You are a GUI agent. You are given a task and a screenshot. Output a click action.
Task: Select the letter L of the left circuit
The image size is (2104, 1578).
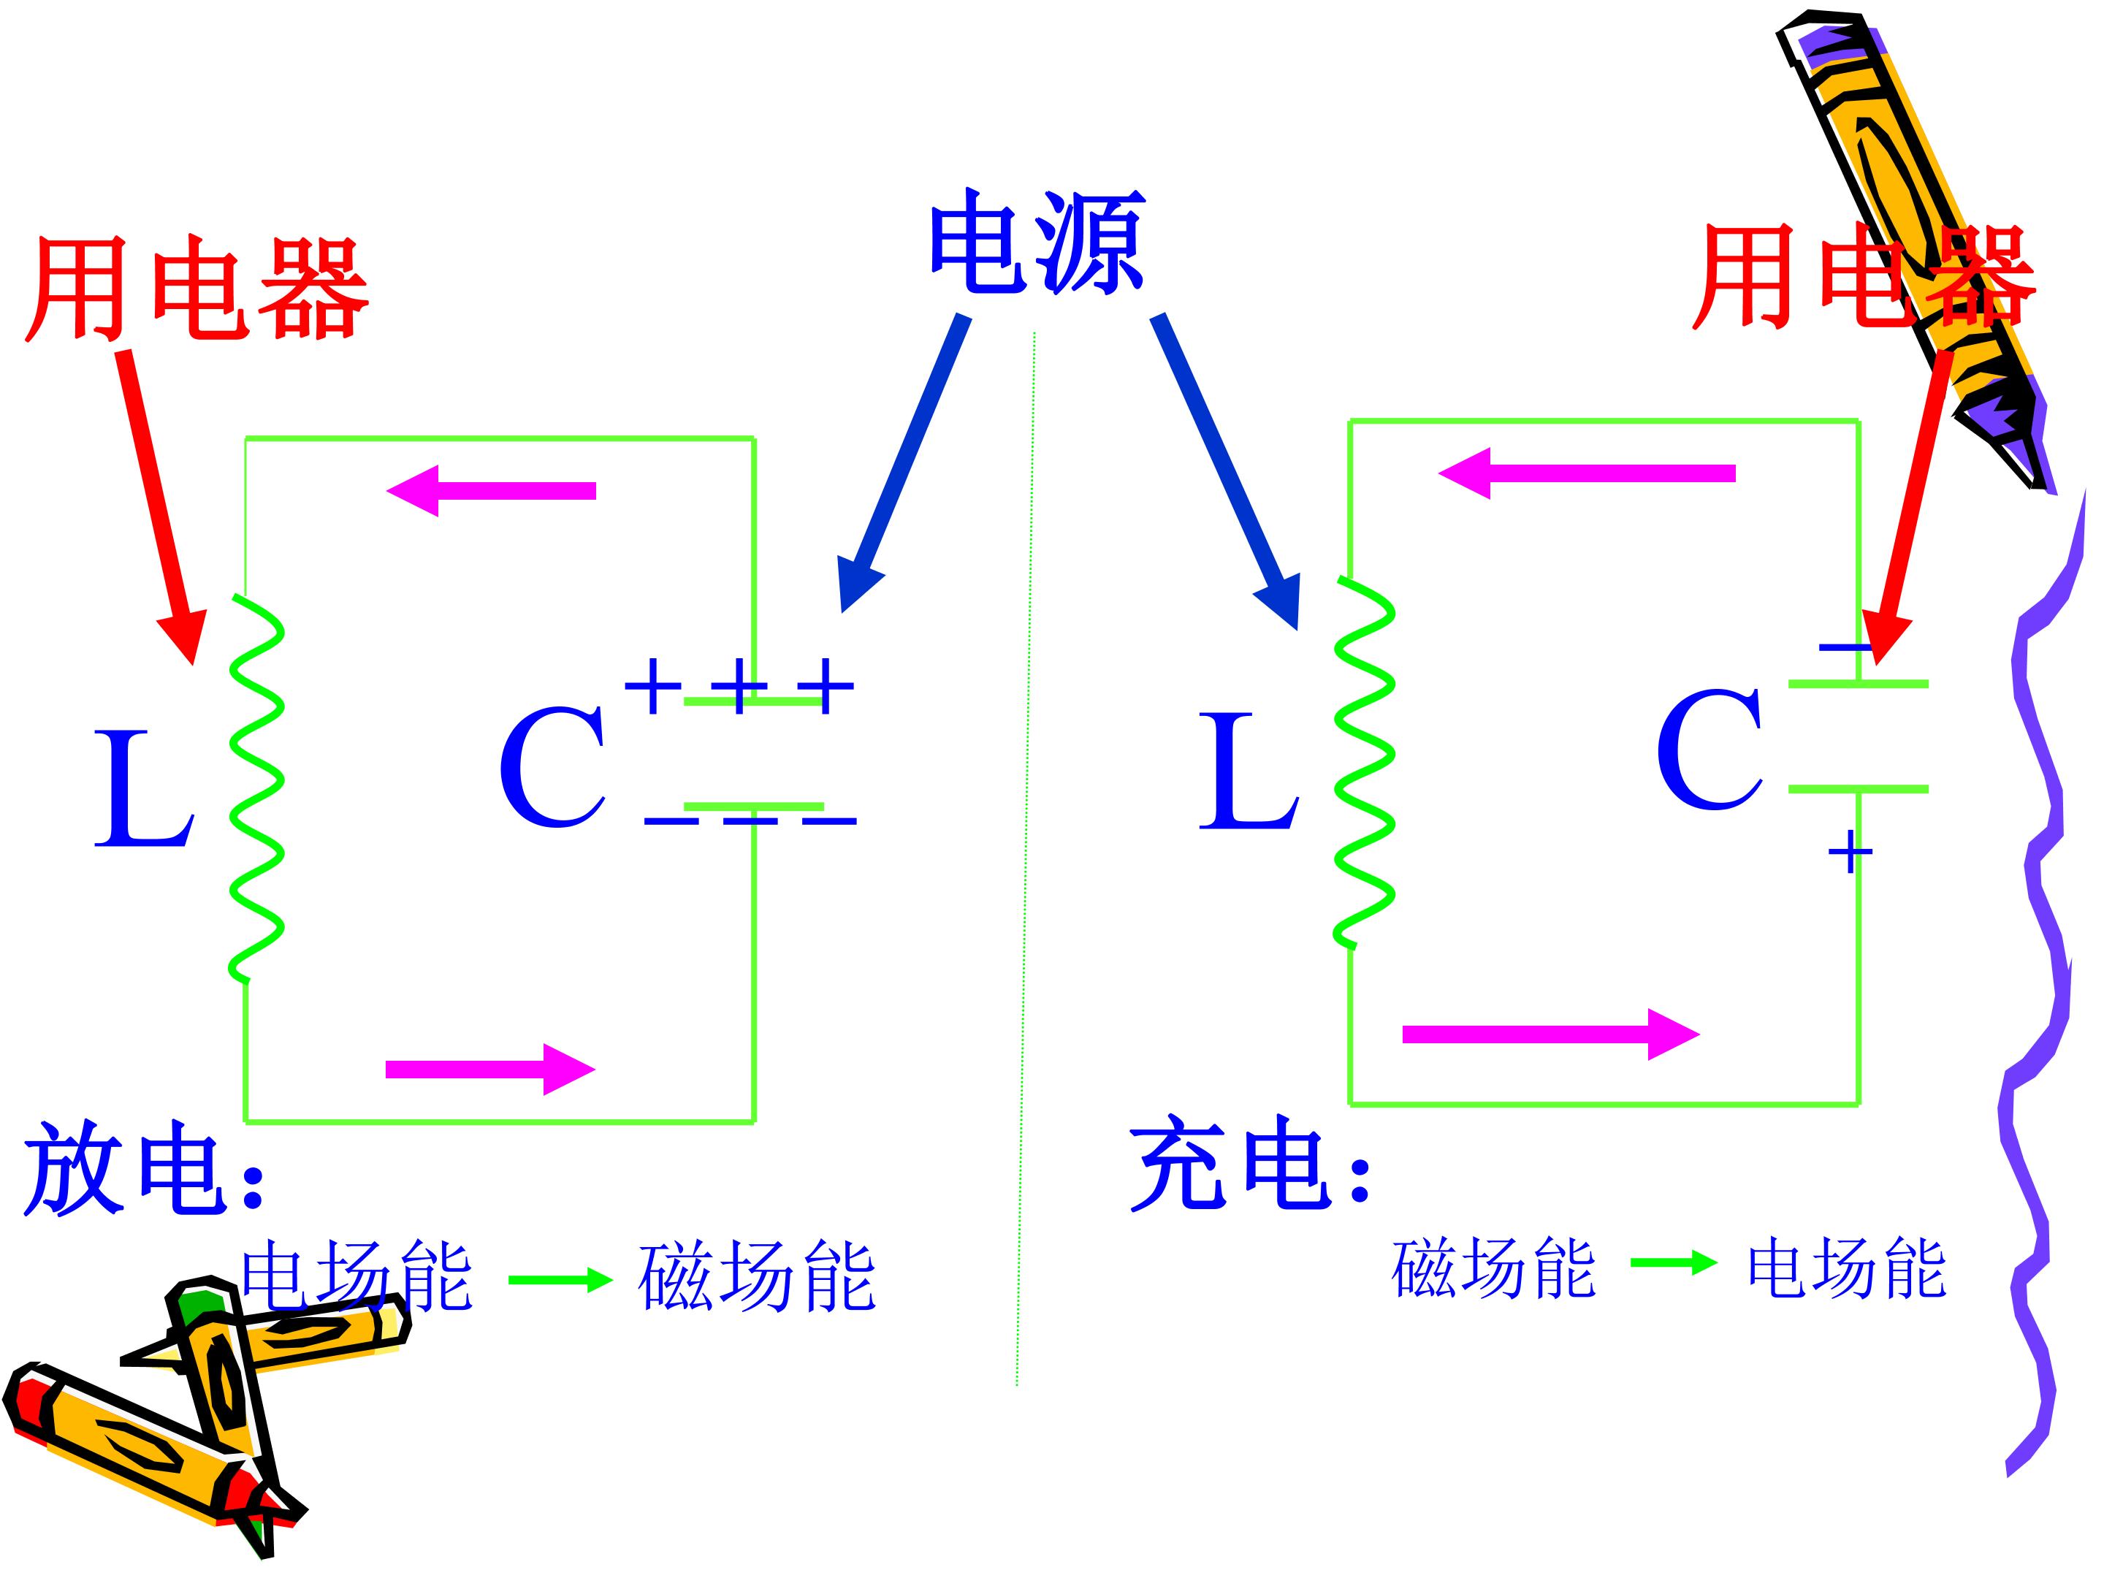pyautogui.click(x=145, y=788)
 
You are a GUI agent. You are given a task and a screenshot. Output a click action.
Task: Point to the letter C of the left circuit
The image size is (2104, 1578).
pyautogui.click(x=552, y=766)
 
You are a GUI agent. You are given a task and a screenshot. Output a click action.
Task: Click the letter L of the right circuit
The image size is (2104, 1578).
pyautogui.click(x=1249, y=771)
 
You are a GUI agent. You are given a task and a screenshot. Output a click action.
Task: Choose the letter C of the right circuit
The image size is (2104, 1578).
pyautogui.click(x=1709, y=750)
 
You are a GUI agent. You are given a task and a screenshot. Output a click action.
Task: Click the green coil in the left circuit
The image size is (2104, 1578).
pyautogui.click(x=257, y=788)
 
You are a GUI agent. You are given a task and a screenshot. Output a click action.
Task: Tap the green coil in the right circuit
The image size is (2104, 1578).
pyautogui.click(x=1365, y=762)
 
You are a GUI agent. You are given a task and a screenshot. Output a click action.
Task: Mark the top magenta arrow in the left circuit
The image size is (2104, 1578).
pyautogui.click(x=491, y=491)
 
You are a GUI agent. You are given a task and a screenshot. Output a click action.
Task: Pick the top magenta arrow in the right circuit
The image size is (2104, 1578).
pyautogui.click(x=1587, y=473)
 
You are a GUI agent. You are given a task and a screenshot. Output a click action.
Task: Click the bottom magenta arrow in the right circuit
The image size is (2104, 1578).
pyautogui.click(x=1552, y=1034)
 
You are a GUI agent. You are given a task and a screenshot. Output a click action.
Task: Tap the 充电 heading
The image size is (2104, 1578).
pyautogui.click(x=1250, y=1162)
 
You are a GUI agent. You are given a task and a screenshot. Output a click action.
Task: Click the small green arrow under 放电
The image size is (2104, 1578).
pyautogui.click(x=561, y=1279)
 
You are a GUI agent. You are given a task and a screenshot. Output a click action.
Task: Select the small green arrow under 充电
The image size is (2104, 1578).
pyautogui.click(x=1674, y=1263)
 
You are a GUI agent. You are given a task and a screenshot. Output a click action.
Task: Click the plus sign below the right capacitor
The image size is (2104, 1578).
pyautogui.click(x=1850, y=851)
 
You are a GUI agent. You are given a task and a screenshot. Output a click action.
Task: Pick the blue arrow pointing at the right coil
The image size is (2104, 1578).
pyautogui.click(x=1225, y=472)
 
